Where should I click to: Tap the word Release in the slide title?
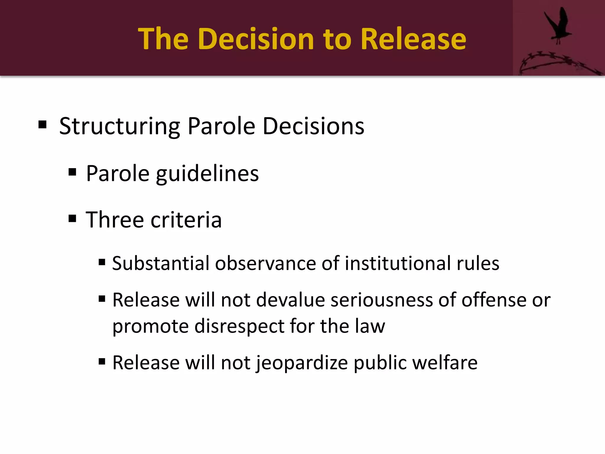413,39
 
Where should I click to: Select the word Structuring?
120,127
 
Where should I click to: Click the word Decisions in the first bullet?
313,126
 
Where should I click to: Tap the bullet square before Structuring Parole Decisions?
43,125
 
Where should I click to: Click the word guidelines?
207,174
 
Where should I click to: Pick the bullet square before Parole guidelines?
72,172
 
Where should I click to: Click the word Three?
115,220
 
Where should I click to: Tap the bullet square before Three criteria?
72,219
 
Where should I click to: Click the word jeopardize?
302,363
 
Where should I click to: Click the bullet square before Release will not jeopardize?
102,361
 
